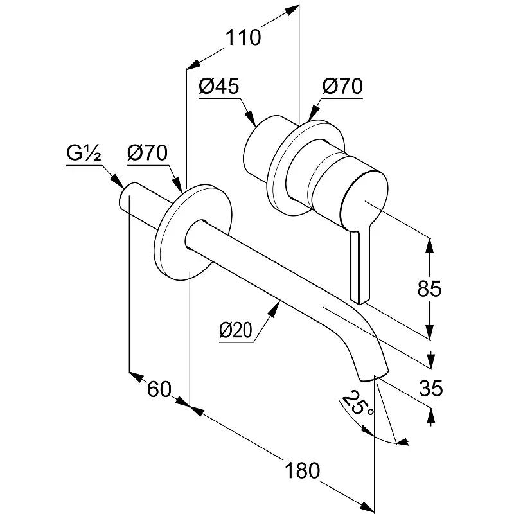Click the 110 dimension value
(x=243, y=38)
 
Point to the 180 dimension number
(x=301, y=470)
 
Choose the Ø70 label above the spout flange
(x=147, y=153)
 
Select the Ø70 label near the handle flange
(x=342, y=87)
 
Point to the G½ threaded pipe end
(x=127, y=197)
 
